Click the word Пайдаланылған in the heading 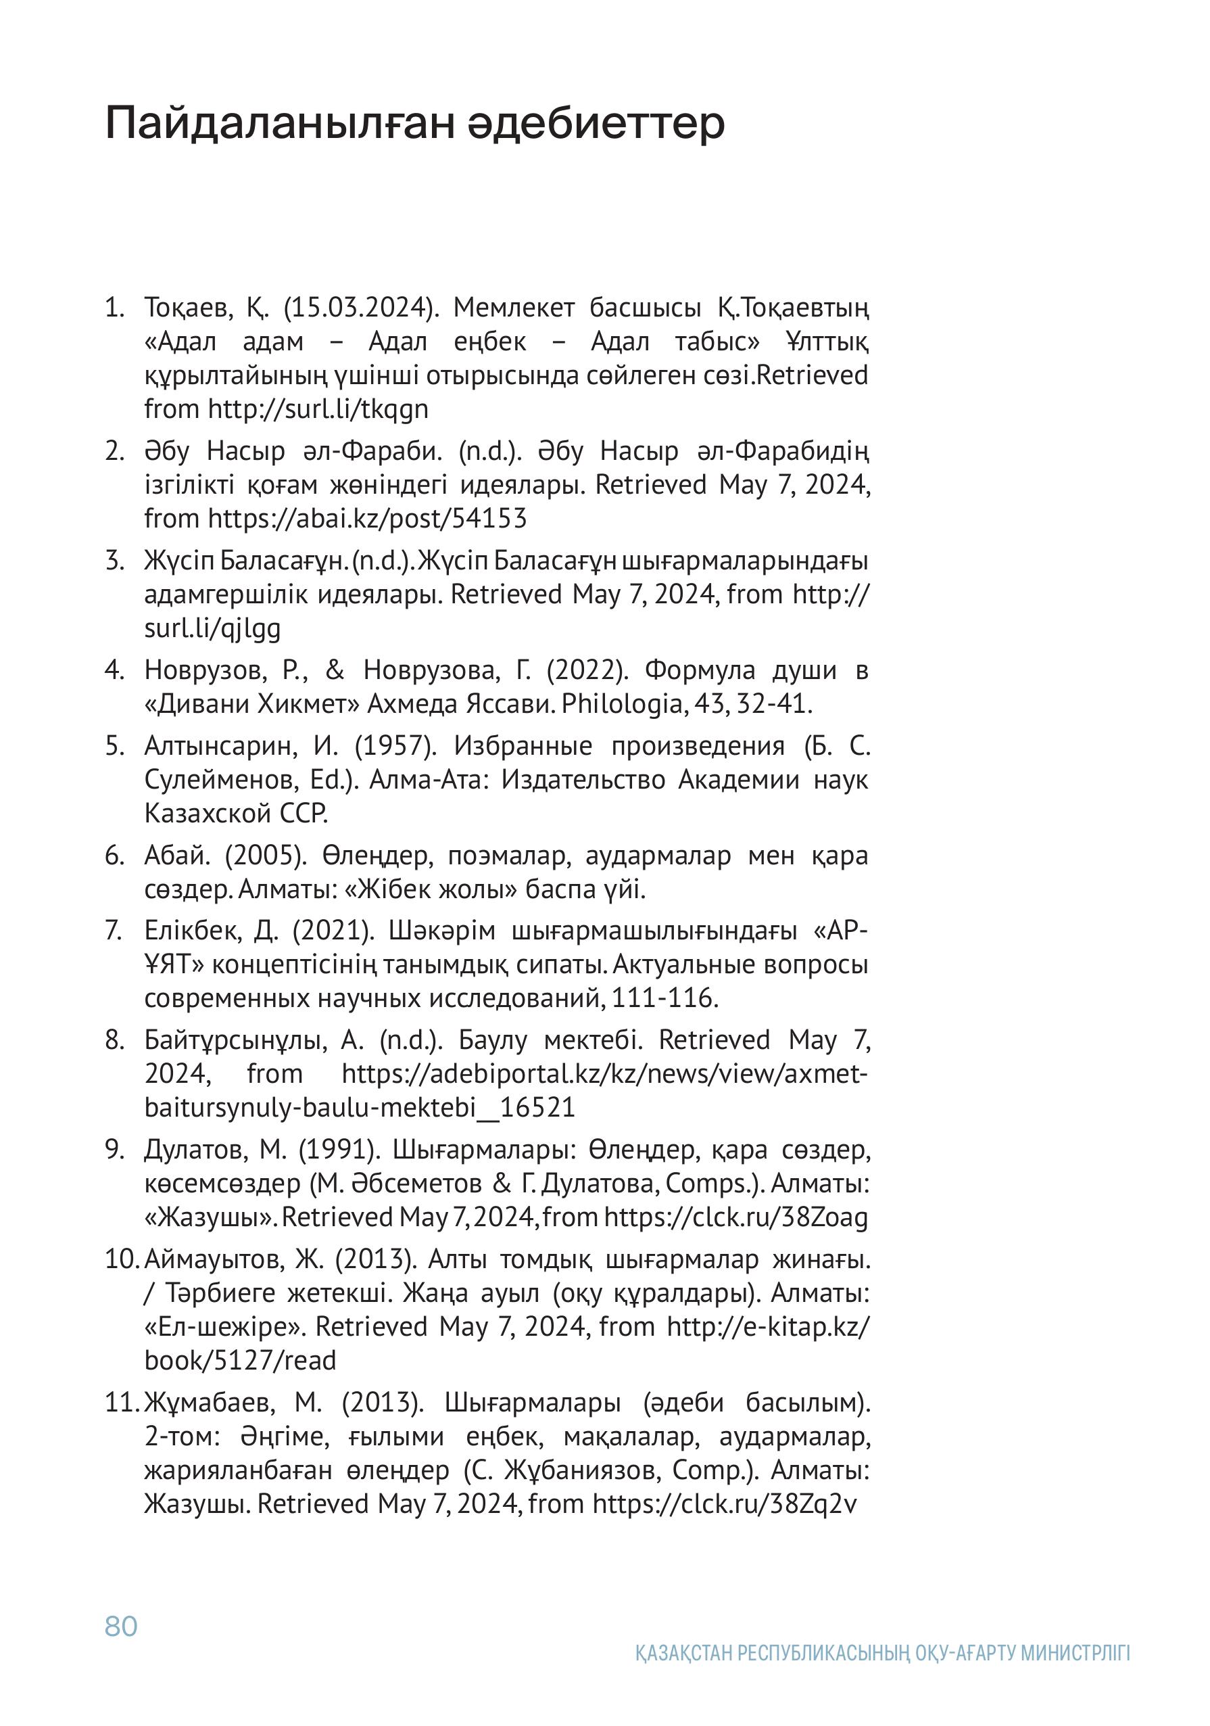(281, 123)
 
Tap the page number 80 (121, 1626)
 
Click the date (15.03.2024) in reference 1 (361, 308)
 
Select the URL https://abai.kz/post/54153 (368, 518)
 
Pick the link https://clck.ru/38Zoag (735, 1216)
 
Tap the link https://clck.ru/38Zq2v (725, 1503)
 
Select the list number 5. (114, 746)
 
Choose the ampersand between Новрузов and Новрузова (335, 669)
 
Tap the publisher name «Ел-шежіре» (226, 1326)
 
